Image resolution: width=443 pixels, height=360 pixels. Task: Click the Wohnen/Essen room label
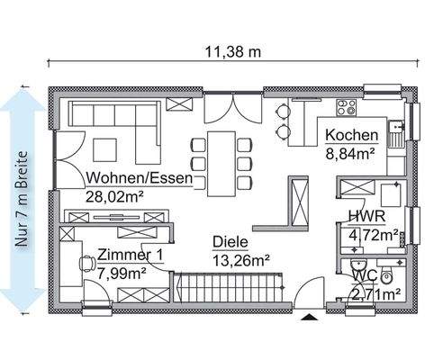(x=140, y=178)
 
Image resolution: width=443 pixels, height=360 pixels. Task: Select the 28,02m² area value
(x=117, y=195)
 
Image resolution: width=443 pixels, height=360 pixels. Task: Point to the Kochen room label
(x=350, y=136)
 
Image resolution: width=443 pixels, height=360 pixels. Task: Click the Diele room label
(x=230, y=242)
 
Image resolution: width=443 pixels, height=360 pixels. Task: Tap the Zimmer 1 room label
(x=130, y=255)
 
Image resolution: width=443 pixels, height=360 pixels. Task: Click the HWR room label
(x=364, y=217)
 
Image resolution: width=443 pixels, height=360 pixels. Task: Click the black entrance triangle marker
(x=309, y=318)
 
